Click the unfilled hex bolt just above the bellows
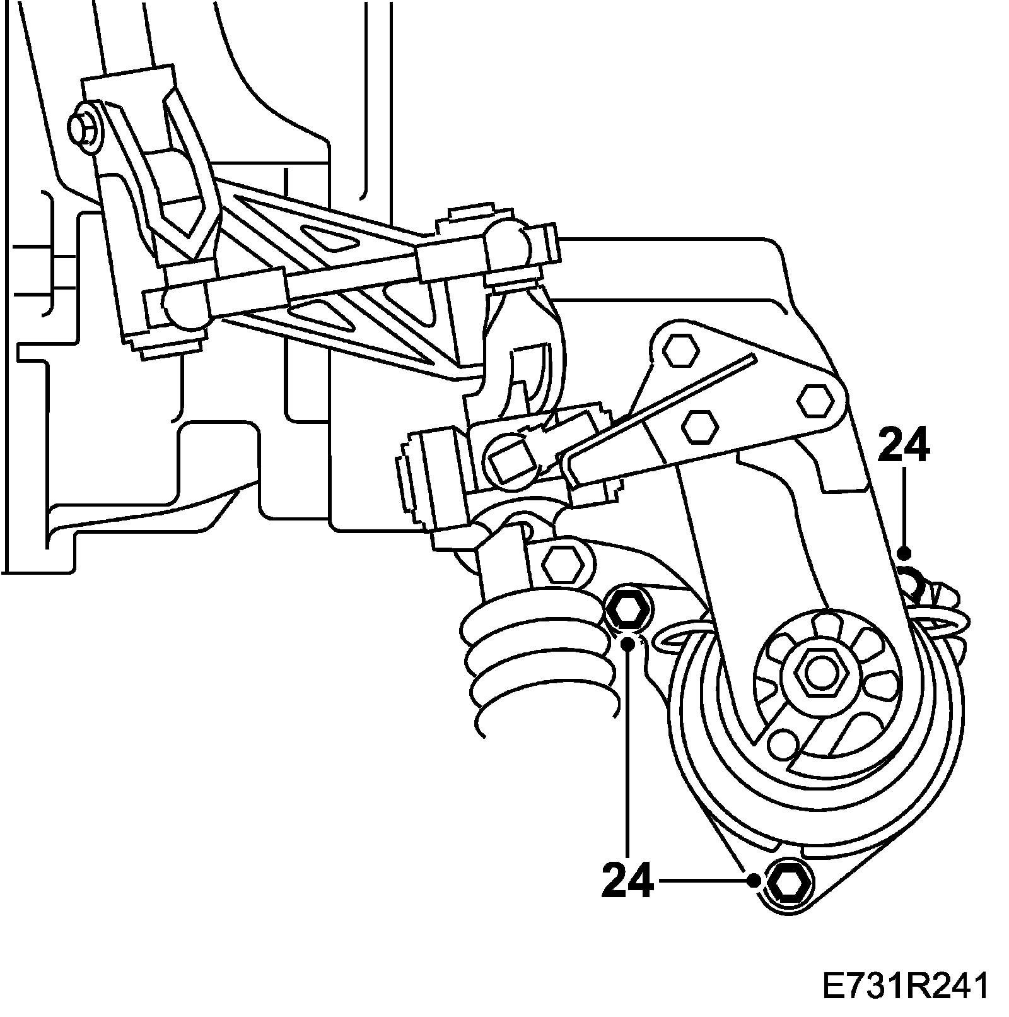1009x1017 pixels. [563, 563]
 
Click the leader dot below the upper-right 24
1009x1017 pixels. [904, 554]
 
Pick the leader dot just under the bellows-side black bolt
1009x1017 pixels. [628, 644]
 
